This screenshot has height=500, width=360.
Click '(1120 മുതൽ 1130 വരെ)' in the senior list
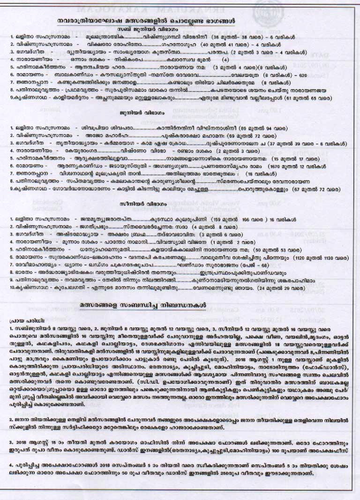(321, 258)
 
